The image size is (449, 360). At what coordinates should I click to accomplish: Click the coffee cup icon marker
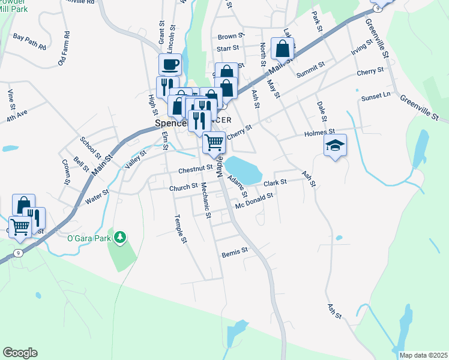point(170,64)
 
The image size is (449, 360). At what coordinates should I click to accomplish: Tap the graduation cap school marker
point(335,145)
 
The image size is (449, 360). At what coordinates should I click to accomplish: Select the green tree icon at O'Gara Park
point(121,238)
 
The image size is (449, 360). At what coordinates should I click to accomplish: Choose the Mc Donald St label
point(255,201)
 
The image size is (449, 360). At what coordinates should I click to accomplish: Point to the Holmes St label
point(319,132)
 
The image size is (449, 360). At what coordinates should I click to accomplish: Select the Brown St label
point(231,37)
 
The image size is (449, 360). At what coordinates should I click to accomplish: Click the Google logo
point(20,353)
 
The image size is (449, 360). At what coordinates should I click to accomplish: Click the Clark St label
point(276,181)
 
